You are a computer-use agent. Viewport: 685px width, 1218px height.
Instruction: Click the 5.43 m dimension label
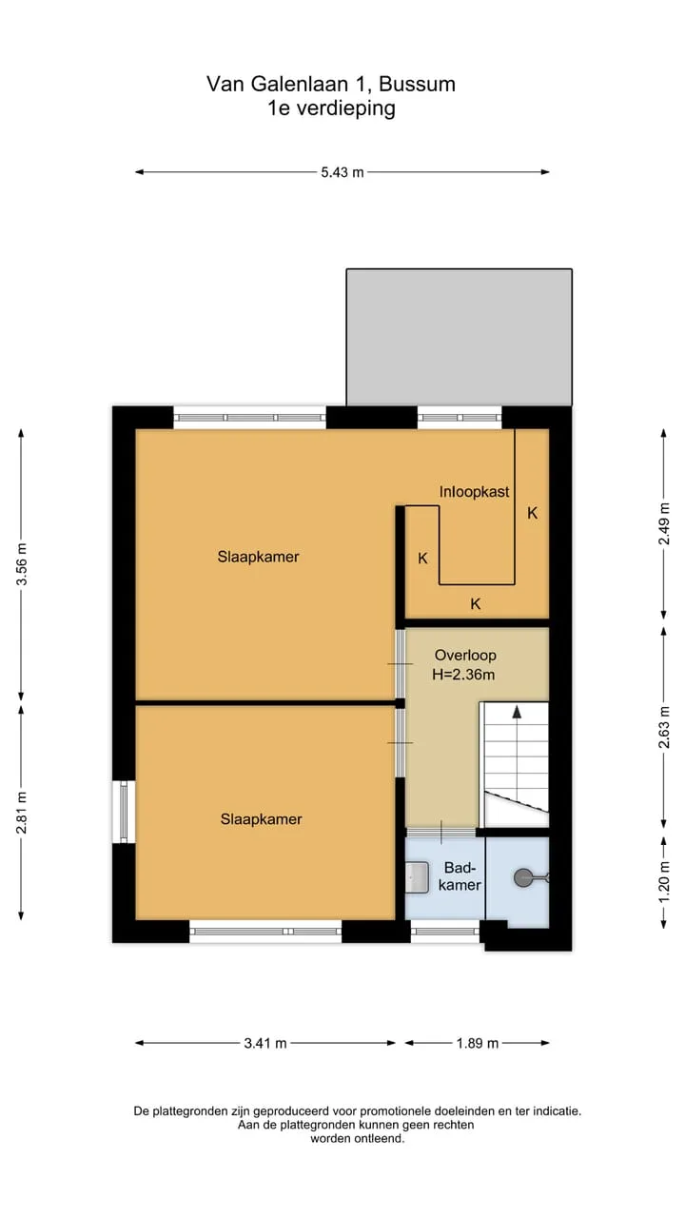[x=342, y=172]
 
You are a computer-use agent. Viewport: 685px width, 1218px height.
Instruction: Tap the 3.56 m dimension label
[x=22, y=564]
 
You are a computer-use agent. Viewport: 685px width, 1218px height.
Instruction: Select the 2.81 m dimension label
[x=22, y=813]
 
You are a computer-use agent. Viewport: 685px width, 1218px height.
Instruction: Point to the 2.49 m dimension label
[x=664, y=523]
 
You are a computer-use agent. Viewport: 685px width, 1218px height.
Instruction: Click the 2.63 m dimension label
[x=664, y=727]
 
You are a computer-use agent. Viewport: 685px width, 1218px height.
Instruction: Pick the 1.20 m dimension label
[x=664, y=882]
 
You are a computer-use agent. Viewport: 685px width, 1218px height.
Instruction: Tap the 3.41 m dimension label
[x=265, y=1044]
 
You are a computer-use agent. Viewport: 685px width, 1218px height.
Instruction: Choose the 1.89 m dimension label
[x=478, y=1044]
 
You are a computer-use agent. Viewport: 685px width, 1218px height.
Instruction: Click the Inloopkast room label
[x=474, y=492]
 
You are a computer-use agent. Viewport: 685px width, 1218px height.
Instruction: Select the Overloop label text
[x=465, y=656]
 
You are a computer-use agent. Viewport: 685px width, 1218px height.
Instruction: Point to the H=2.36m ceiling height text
[x=463, y=675]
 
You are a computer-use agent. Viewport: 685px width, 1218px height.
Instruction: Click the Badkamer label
[x=460, y=876]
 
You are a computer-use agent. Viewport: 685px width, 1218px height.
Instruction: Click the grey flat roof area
[x=459, y=337]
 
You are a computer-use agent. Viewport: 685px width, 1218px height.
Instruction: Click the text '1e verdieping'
[x=331, y=108]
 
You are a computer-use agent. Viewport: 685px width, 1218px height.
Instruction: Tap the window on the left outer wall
[x=124, y=812]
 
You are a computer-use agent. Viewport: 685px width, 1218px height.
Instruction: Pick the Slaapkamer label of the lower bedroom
[x=261, y=819]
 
